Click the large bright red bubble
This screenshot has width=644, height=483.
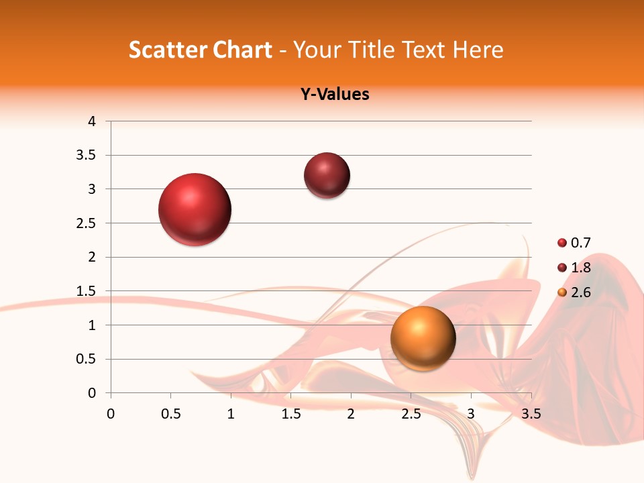(195, 209)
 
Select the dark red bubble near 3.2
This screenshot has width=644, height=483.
(327, 176)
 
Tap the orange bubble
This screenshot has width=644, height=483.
(423, 338)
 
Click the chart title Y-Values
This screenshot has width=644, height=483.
(335, 94)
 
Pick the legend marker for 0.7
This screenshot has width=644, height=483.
(562, 243)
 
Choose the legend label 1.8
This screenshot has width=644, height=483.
(580, 268)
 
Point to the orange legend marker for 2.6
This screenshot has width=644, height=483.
(562, 292)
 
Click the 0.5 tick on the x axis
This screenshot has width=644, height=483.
(171, 414)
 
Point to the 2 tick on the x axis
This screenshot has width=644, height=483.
(351, 414)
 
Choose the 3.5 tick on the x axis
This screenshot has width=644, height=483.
(531, 414)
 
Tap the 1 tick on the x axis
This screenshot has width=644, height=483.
(231, 414)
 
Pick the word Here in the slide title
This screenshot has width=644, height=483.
(478, 50)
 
